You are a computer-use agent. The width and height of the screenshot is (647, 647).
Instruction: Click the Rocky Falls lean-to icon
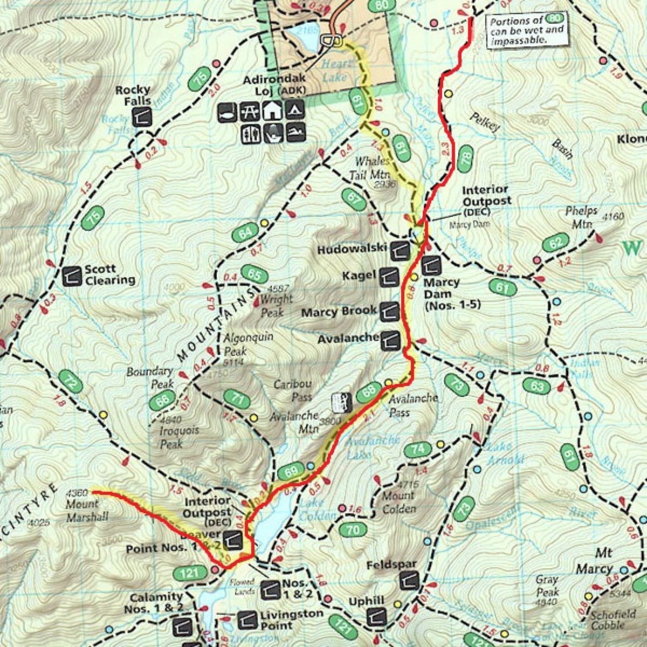(x=142, y=115)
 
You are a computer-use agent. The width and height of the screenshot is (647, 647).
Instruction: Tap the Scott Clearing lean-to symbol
(x=72, y=276)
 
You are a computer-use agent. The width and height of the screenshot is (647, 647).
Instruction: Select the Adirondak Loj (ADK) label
(x=274, y=85)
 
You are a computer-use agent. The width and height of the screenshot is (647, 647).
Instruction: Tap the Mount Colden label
(x=398, y=502)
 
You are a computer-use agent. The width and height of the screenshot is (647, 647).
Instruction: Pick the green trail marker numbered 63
(x=536, y=387)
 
